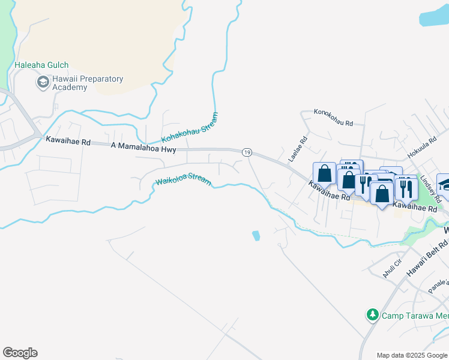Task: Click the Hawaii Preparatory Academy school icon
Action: point(43,82)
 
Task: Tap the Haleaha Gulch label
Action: point(42,65)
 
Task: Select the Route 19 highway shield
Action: point(247,153)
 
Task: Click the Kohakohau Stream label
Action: point(190,128)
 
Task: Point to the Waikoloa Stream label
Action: point(183,179)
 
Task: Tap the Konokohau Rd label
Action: point(333,117)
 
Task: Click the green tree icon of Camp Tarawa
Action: point(373,314)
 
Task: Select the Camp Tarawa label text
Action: point(415,315)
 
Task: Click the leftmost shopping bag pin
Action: point(324,173)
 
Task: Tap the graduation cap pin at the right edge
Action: point(444,184)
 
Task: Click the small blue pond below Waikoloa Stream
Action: point(257,236)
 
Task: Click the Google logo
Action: point(20,353)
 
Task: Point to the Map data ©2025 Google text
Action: point(412,355)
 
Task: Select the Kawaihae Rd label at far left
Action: point(68,142)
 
